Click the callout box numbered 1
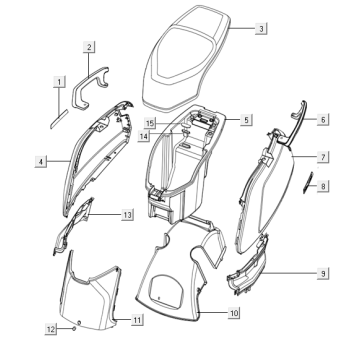click(60, 82)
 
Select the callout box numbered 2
click(89, 47)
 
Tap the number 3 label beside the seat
click(261, 29)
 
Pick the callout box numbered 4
click(41, 162)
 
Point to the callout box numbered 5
click(246, 120)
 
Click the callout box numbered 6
click(323, 119)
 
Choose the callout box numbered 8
click(323, 186)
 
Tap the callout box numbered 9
click(323, 274)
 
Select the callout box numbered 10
click(234, 313)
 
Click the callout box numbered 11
click(137, 320)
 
